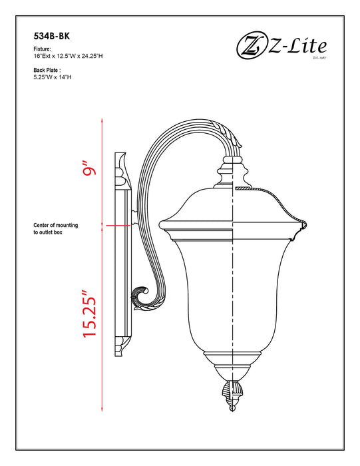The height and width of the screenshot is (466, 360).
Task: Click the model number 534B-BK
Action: (51, 37)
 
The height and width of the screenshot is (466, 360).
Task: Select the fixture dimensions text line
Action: (68, 57)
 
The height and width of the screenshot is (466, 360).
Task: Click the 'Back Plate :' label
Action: (47, 70)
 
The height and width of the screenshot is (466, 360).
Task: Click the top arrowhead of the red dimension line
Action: (102, 120)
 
